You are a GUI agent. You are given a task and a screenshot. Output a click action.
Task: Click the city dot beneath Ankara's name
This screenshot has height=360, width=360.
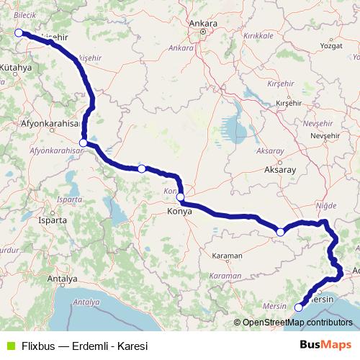pos(204,32)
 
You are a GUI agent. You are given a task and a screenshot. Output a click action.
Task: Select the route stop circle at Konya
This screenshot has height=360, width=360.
pos(180,197)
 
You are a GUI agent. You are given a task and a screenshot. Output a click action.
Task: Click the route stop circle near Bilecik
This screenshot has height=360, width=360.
pos(19,32)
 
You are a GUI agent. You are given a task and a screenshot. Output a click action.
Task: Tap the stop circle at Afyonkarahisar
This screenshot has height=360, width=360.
pos(84,143)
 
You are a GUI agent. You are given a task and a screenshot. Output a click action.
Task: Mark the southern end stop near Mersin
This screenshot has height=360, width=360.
pos(299,307)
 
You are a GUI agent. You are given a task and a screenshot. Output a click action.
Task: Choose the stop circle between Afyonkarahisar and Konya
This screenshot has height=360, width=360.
pos(142,168)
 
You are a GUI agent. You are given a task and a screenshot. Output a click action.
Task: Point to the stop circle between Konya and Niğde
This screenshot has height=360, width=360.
pos(280,232)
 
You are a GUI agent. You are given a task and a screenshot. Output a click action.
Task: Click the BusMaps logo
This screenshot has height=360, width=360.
pos(325,345)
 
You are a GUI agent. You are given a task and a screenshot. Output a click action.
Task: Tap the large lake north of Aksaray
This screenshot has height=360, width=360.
pos(235,129)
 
